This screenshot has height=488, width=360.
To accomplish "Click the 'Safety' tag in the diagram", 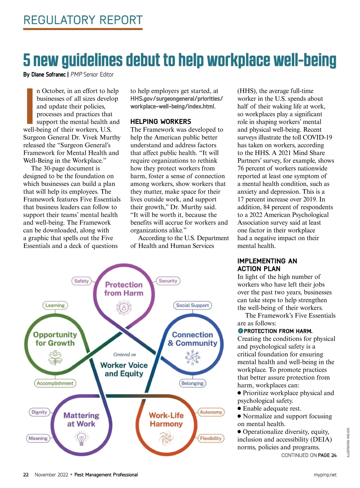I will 81,281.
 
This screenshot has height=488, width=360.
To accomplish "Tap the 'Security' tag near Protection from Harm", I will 168,281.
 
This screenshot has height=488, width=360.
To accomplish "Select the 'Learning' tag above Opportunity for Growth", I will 55,305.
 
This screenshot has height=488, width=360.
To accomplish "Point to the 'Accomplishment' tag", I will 55,383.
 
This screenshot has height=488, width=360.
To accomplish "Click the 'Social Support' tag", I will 192,305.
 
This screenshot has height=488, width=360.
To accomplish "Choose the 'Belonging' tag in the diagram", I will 192,383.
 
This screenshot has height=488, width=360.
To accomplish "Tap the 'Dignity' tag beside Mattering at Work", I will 39,412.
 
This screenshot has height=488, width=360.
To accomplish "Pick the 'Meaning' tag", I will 38,438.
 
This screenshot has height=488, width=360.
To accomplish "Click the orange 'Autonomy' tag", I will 211,412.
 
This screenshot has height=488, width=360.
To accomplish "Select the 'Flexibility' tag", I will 211,438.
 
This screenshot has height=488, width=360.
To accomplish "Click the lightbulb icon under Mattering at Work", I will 81,438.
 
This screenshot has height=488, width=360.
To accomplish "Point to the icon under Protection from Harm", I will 124,308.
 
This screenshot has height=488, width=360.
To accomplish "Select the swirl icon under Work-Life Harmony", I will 166,438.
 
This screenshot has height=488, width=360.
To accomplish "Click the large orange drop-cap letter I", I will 29,106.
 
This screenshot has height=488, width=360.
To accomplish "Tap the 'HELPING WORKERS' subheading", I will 160,122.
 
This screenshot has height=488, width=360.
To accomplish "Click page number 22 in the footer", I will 26,474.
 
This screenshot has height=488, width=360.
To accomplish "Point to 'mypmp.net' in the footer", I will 325,474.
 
